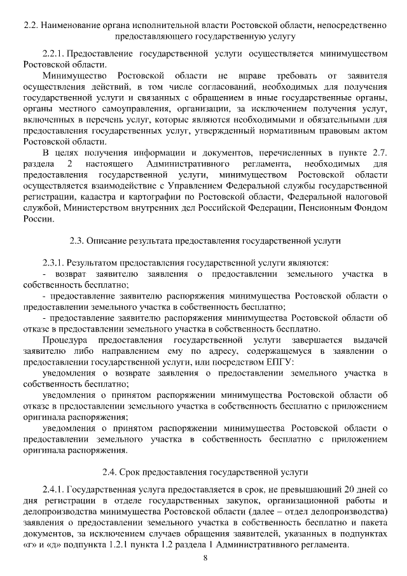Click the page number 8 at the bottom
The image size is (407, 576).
(205, 559)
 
